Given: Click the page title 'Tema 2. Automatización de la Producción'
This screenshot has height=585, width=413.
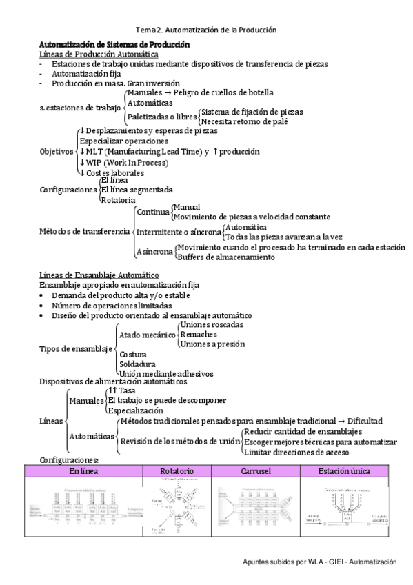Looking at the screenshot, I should click(x=206, y=30).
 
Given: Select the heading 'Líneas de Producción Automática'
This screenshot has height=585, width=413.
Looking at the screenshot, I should click(x=99, y=54).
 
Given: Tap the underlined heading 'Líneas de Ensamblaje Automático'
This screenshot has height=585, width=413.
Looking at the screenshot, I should click(x=99, y=275).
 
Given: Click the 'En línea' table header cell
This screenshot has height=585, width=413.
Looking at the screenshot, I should click(x=83, y=470).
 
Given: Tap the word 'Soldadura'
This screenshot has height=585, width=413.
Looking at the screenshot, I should click(x=137, y=363).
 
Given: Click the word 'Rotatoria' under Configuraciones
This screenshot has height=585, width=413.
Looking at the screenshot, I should click(x=119, y=199).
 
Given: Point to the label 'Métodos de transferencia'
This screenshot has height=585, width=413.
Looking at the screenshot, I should click(x=84, y=231).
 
